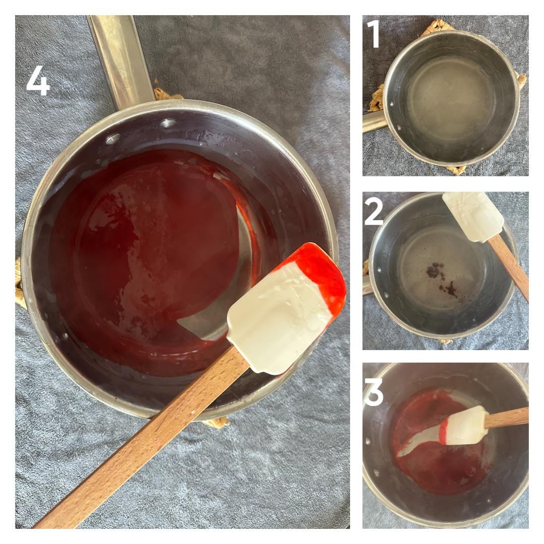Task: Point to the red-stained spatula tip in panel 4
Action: [322, 272]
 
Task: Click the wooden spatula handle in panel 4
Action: [151, 438]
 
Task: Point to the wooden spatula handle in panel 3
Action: [509, 417]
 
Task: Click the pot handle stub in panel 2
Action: [366, 285]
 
